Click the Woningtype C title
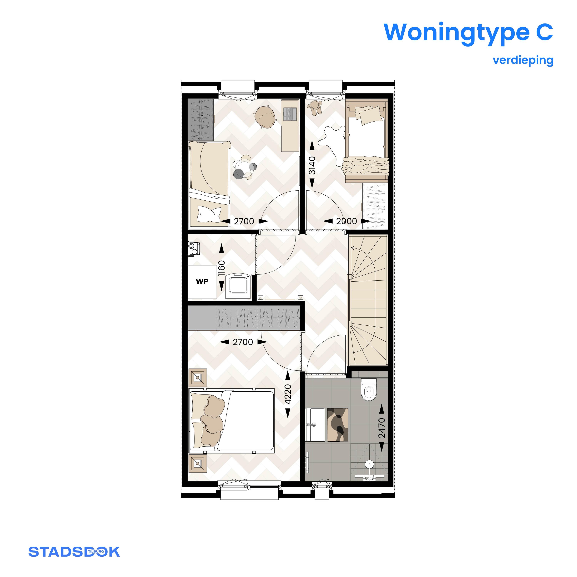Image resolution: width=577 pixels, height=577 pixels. pyautogui.click(x=468, y=32)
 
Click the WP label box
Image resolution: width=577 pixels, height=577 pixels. pyautogui.click(x=202, y=282)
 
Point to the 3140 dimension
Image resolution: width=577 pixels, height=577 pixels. pyautogui.click(x=312, y=165)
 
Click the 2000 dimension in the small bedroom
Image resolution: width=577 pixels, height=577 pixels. pyautogui.click(x=347, y=221)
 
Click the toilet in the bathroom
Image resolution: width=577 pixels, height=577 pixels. pyautogui.click(x=369, y=389)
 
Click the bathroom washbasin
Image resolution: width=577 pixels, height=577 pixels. pyautogui.click(x=315, y=425)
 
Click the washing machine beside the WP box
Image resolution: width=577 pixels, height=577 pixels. pyautogui.click(x=238, y=285)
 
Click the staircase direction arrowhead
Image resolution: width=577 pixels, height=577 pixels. pyautogui.click(x=353, y=248)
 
